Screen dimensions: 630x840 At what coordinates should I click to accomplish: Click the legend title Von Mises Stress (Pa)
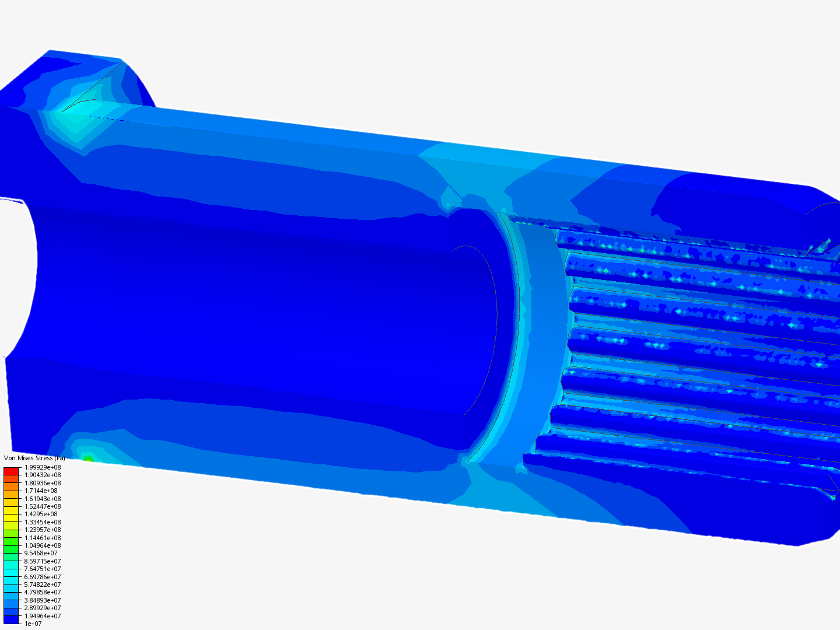pyautogui.click(x=34, y=459)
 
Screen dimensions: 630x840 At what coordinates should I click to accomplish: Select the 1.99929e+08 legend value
pyautogui.click(x=43, y=467)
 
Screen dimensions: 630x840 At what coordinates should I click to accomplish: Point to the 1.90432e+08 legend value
pyautogui.click(x=43, y=475)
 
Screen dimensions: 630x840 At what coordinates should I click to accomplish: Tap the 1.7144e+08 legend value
pyautogui.click(x=41, y=491)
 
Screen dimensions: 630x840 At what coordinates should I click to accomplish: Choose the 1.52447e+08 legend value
pyautogui.click(x=43, y=506)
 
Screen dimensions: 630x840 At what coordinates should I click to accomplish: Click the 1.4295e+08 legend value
pyautogui.click(x=41, y=514)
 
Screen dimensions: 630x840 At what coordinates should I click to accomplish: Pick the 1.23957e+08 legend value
pyautogui.click(x=43, y=530)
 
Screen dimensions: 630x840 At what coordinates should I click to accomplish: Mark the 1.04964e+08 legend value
pyautogui.click(x=43, y=545)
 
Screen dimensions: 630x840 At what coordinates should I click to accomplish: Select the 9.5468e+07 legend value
pyautogui.click(x=41, y=553)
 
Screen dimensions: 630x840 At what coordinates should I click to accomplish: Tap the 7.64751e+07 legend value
pyautogui.click(x=43, y=569)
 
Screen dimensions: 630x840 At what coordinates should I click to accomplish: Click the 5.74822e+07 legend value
pyautogui.click(x=43, y=584)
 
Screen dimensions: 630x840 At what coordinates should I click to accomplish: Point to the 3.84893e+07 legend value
pyautogui.click(x=43, y=600)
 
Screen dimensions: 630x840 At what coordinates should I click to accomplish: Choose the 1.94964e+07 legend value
pyautogui.click(x=43, y=616)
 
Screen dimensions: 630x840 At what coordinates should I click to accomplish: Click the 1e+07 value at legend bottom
pyautogui.click(x=33, y=624)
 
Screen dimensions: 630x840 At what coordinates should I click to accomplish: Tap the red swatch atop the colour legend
pyautogui.click(x=11, y=471)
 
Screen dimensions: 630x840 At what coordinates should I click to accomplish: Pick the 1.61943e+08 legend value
pyautogui.click(x=43, y=499)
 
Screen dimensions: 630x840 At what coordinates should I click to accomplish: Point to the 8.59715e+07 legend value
pyautogui.click(x=43, y=561)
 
